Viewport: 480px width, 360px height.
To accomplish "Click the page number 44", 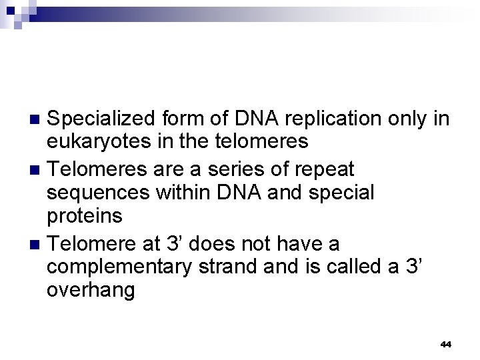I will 446,345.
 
